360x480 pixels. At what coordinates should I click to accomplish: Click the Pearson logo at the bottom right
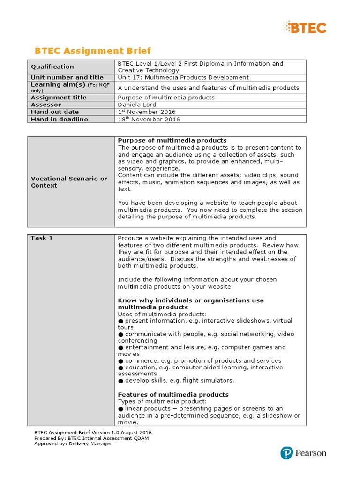click(303, 453)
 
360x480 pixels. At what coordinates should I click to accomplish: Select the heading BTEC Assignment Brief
click(93, 51)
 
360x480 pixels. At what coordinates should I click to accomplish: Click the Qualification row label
click(52, 67)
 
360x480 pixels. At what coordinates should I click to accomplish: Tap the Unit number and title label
click(67, 77)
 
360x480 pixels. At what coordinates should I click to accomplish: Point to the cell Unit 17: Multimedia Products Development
click(183, 77)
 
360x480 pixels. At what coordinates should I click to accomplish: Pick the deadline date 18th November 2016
click(149, 119)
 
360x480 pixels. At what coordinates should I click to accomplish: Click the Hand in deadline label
click(59, 119)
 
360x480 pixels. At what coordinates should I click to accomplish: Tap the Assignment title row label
click(59, 97)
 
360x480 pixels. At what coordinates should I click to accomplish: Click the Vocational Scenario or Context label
click(69, 182)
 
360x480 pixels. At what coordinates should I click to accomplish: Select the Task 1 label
click(42, 238)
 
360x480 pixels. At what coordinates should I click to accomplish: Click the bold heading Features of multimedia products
click(173, 394)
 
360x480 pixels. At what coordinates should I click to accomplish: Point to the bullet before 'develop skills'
click(120, 381)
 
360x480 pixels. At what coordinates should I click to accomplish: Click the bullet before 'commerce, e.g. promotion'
click(120, 361)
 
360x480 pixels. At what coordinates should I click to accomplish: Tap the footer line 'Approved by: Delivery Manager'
click(73, 443)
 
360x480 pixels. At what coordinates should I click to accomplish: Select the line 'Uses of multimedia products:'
click(162, 314)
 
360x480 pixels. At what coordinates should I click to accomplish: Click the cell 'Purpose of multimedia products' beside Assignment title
click(166, 97)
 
